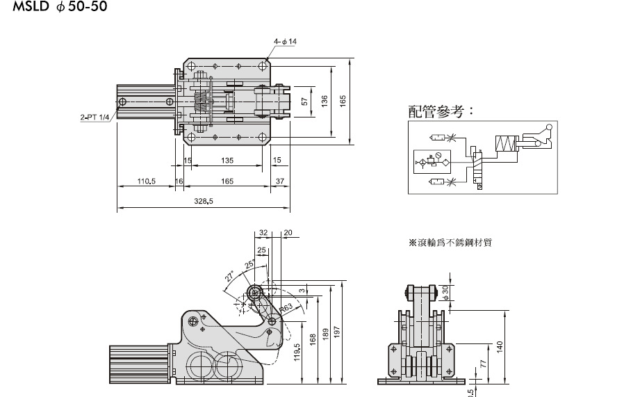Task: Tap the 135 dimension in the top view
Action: pyautogui.click(x=227, y=160)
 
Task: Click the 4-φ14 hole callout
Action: pyautogui.click(x=285, y=42)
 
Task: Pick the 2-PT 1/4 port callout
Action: pyautogui.click(x=94, y=118)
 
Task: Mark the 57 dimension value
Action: pyautogui.click(x=304, y=102)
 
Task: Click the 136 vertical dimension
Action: pyautogui.click(x=325, y=102)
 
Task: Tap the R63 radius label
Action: pyautogui.click(x=286, y=308)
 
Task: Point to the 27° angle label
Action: pyautogui.click(x=229, y=277)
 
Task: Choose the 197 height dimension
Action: pyautogui.click(x=337, y=332)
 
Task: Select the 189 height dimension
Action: pyautogui.click(x=325, y=335)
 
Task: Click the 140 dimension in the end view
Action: pyautogui.click(x=499, y=346)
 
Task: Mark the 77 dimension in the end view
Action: pyautogui.click(x=483, y=362)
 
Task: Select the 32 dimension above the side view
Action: pyautogui.click(x=263, y=233)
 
